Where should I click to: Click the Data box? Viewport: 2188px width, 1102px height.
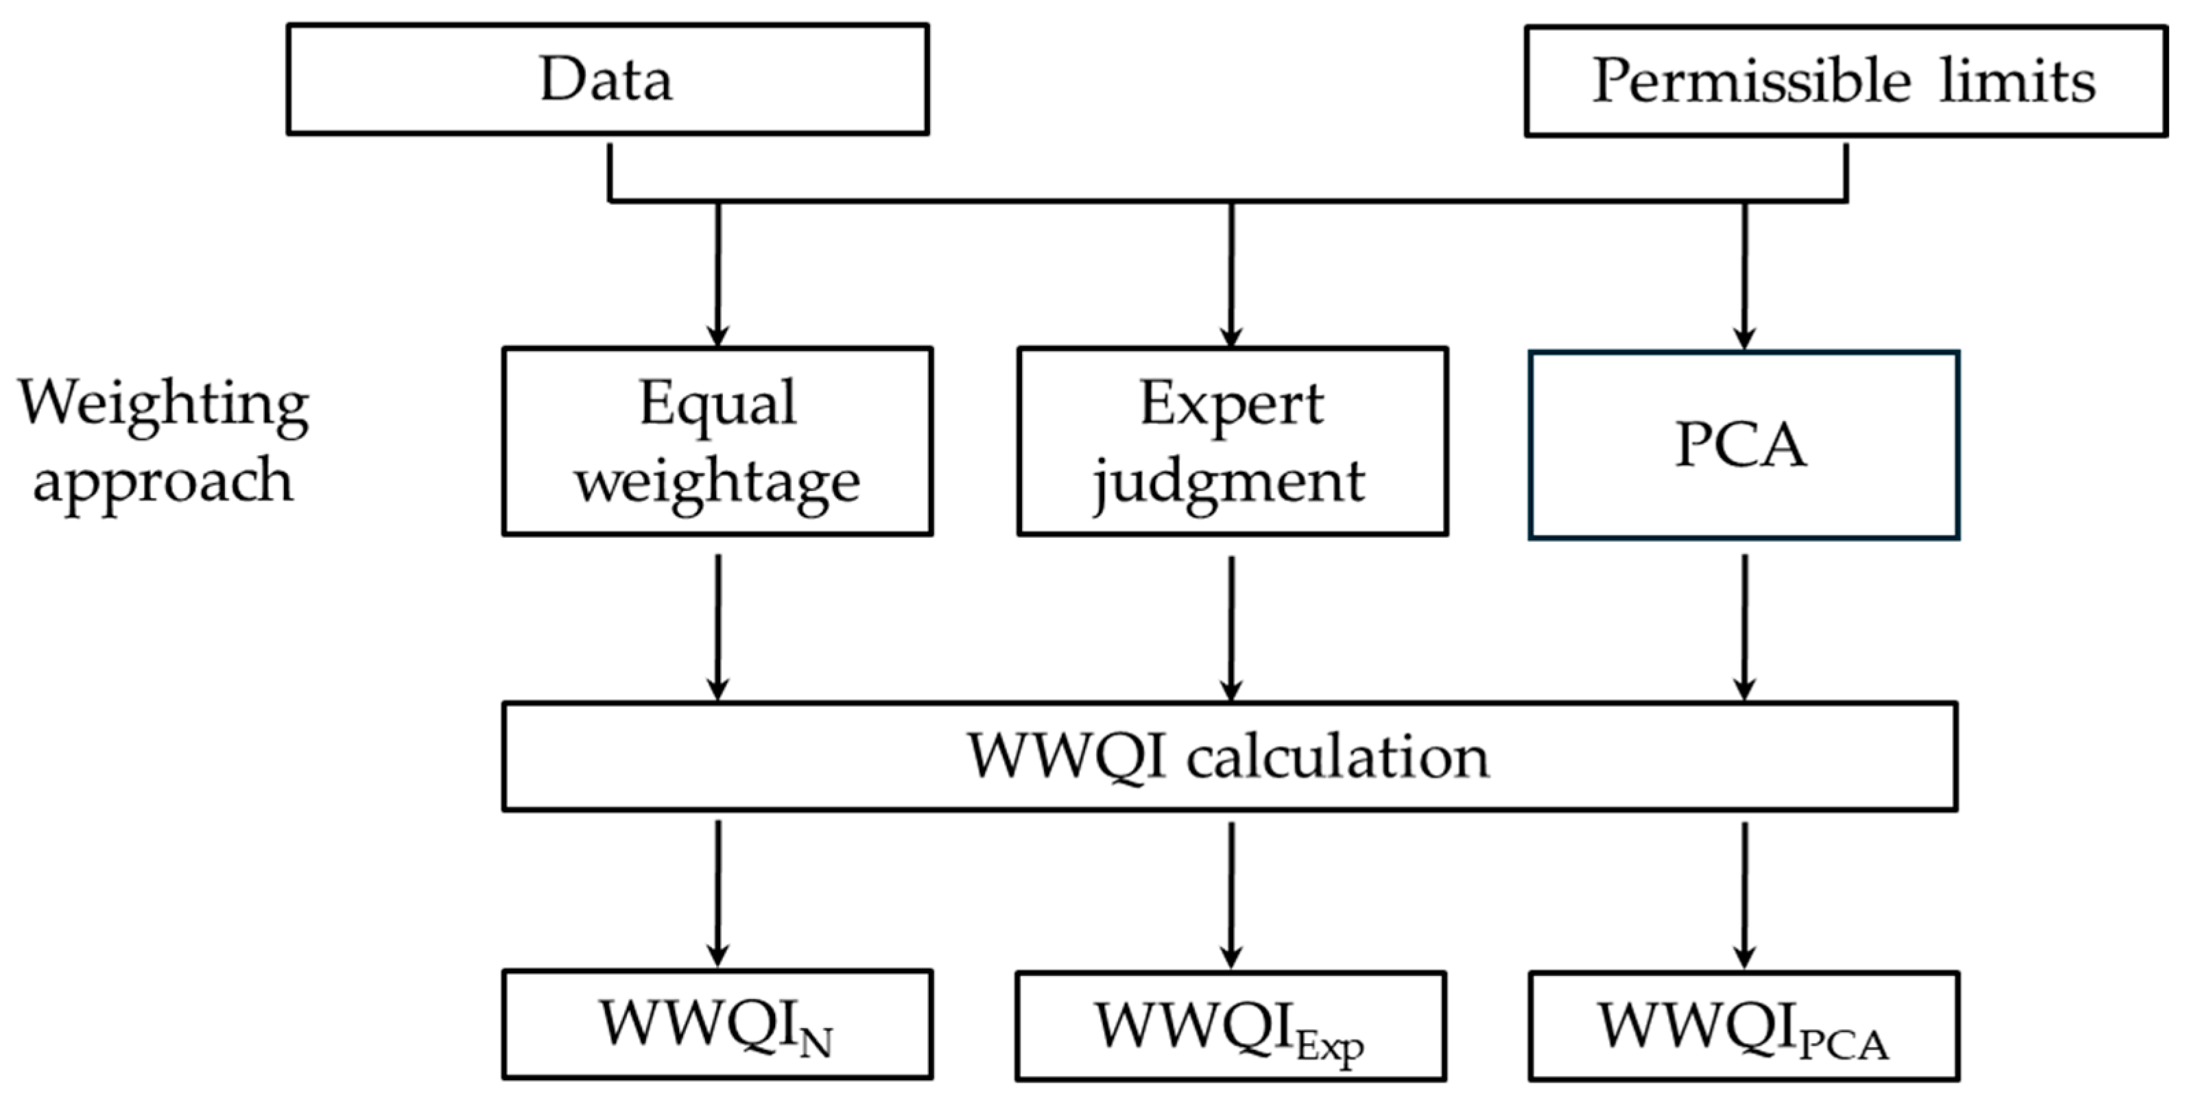click(x=607, y=79)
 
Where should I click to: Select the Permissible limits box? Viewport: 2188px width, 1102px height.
click(x=1845, y=82)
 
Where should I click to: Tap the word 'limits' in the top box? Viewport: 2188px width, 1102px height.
click(x=2018, y=82)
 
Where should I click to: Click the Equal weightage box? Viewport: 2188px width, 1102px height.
click(x=717, y=441)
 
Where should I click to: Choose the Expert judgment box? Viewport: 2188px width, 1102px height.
click(x=1232, y=441)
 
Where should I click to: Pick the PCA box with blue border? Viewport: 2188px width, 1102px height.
click(x=1743, y=445)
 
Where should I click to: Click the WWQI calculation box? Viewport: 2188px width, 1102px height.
click(x=1230, y=756)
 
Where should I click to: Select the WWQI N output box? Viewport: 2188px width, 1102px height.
click(x=717, y=1024)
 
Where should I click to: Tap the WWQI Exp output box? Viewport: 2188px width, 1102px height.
click(x=1230, y=1026)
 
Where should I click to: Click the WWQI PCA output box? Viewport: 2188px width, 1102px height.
click(x=1743, y=1026)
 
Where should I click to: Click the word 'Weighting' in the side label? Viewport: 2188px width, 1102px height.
click(x=163, y=404)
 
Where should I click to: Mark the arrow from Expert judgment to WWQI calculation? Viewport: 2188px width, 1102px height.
click(x=1232, y=628)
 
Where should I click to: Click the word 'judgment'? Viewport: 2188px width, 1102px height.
click(x=1229, y=482)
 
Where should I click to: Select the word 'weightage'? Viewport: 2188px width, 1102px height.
click(x=717, y=482)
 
